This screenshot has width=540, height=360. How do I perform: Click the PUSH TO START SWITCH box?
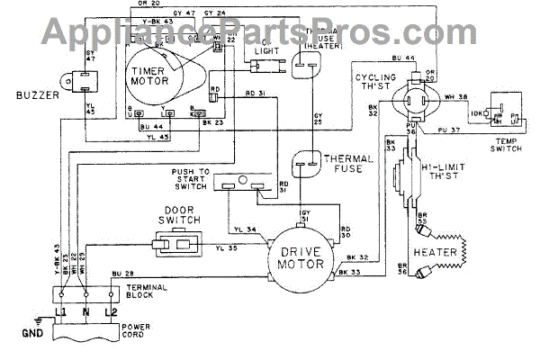241,184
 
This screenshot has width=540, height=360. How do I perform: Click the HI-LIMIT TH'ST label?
453,170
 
